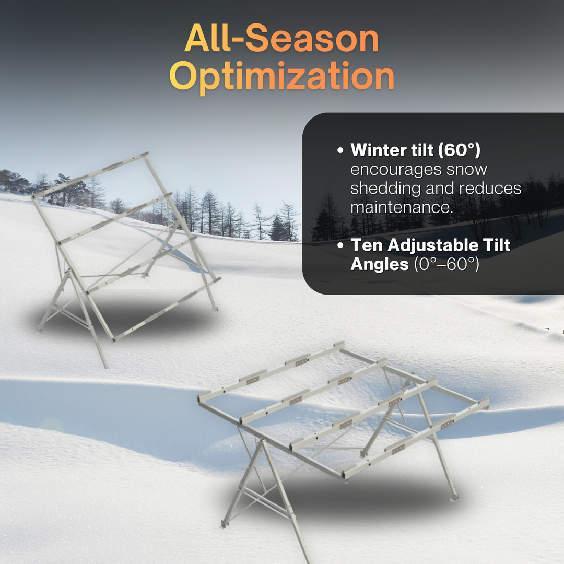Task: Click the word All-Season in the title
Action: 281,39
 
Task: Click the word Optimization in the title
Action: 281,77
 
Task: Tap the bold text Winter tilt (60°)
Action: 415,150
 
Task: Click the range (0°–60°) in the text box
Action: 446,264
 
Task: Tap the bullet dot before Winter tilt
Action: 340,151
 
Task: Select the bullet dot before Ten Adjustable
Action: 340,245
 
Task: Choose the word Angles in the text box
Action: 379,264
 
